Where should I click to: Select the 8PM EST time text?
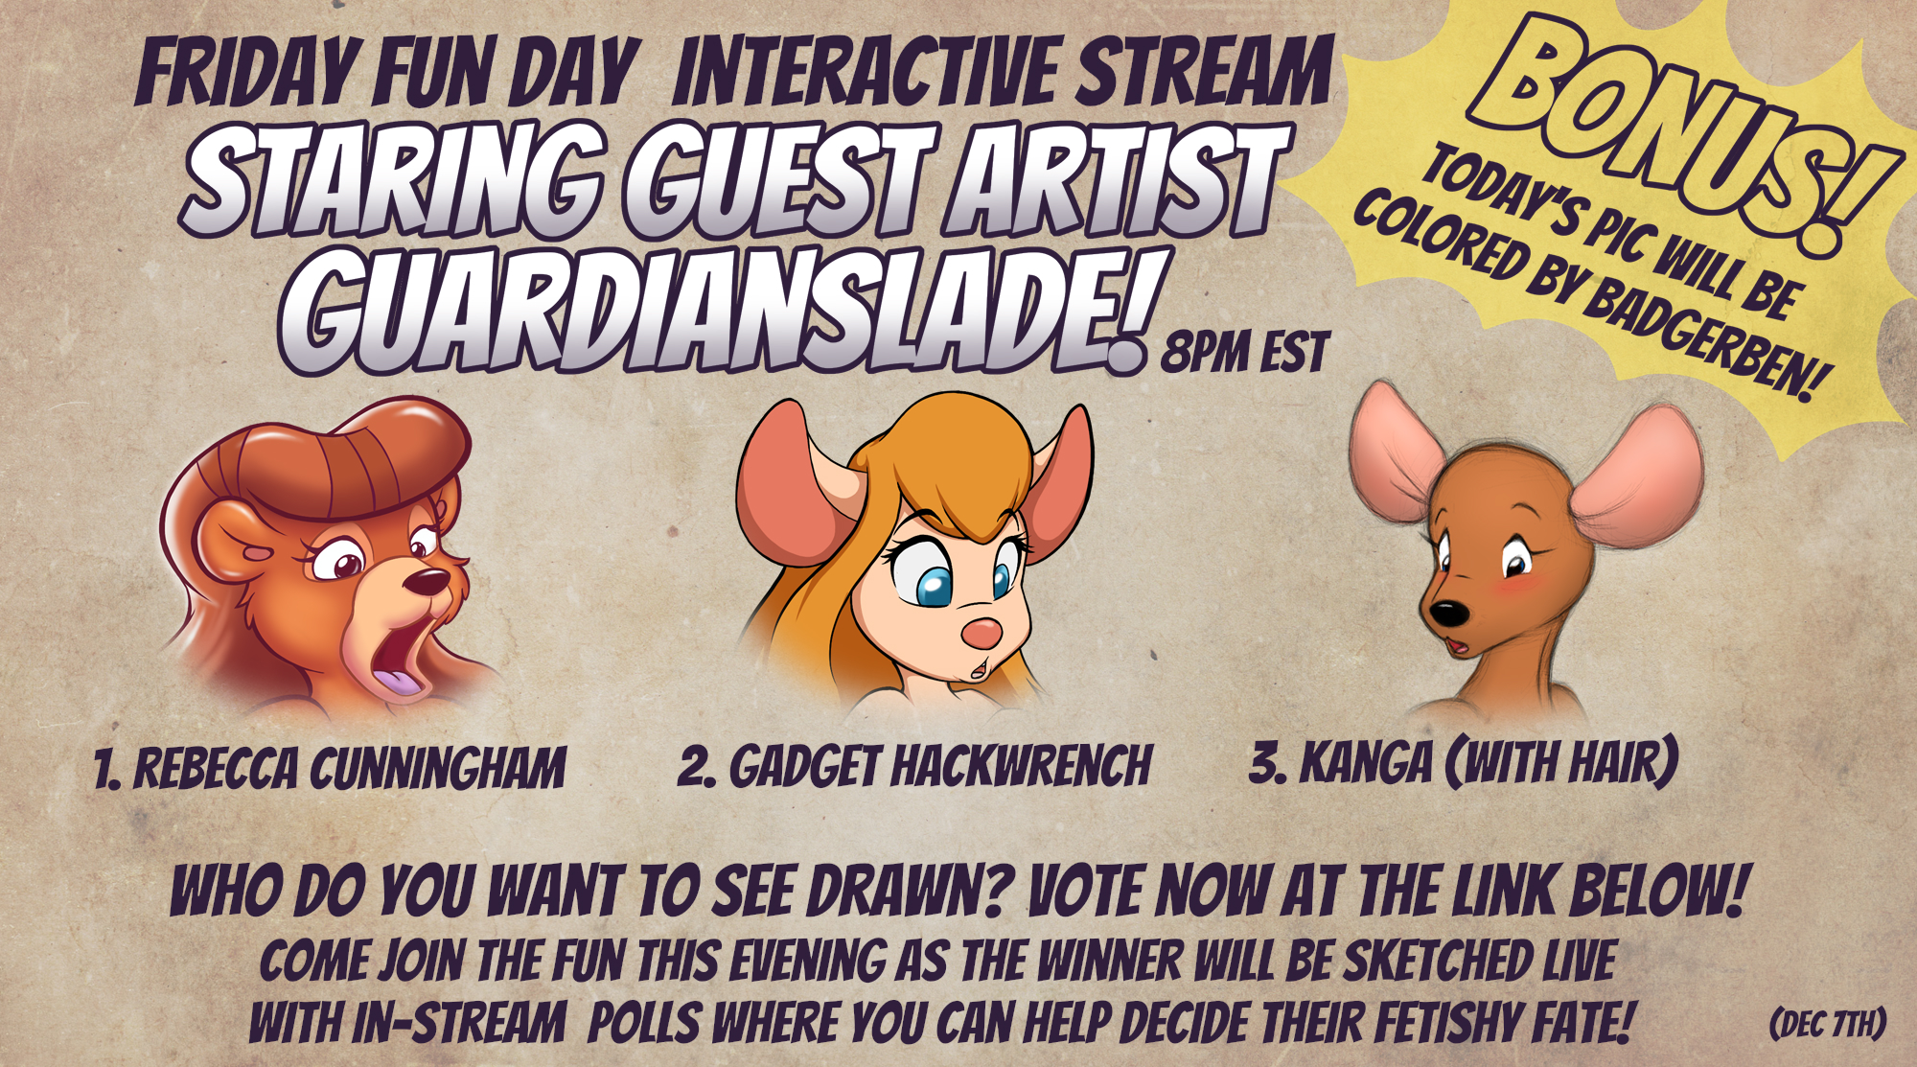tap(1245, 352)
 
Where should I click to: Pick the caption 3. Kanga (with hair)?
tap(1464, 763)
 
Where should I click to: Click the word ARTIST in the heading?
tap(1117, 181)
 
